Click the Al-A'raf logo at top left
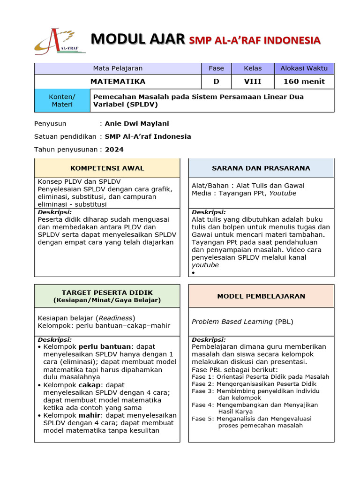(60, 41)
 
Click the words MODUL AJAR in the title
(138, 39)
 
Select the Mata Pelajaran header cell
(118, 68)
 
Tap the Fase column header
(216, 68)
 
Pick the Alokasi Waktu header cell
(304, 68)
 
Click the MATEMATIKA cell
(118, 82)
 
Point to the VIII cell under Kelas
(253, 82)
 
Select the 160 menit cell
(304, 82)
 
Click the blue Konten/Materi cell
(62, 101)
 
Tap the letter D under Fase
(216, 82)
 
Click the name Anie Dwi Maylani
(137, 124)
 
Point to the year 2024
(114, 150)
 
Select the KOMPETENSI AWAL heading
(107, 168)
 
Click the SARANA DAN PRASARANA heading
(261, 168)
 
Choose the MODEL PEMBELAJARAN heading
(261, 296)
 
